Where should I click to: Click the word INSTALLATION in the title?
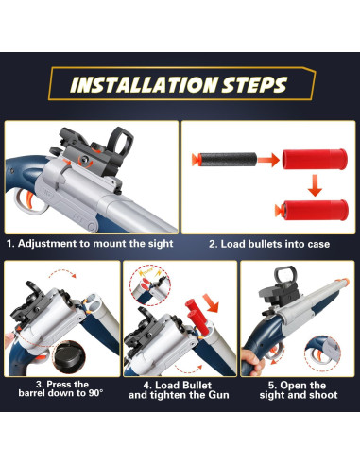pyautogui.click(x=144, y=85)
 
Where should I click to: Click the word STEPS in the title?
pyautogui.click(x=254, y=85)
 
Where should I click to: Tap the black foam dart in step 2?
pyautogui.click(x=224, y=159)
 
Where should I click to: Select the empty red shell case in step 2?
pyautogui.click(x=315, y=159)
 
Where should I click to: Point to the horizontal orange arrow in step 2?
pyautogui.click(x=268, y=160)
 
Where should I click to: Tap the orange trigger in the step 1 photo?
pyautogui.click(x=28, y=199)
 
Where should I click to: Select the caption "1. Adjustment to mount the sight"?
pyautogui.click(x=90, y=244)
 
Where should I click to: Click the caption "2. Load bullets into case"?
pyautogui.click(x=269, y=244)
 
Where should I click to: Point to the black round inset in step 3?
pyautogui.click(x=69, y=357)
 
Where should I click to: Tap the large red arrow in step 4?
pyautogui.click(x=211, y=303)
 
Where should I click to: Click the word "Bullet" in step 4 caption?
pyautogui.click(x=197, y=386)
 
